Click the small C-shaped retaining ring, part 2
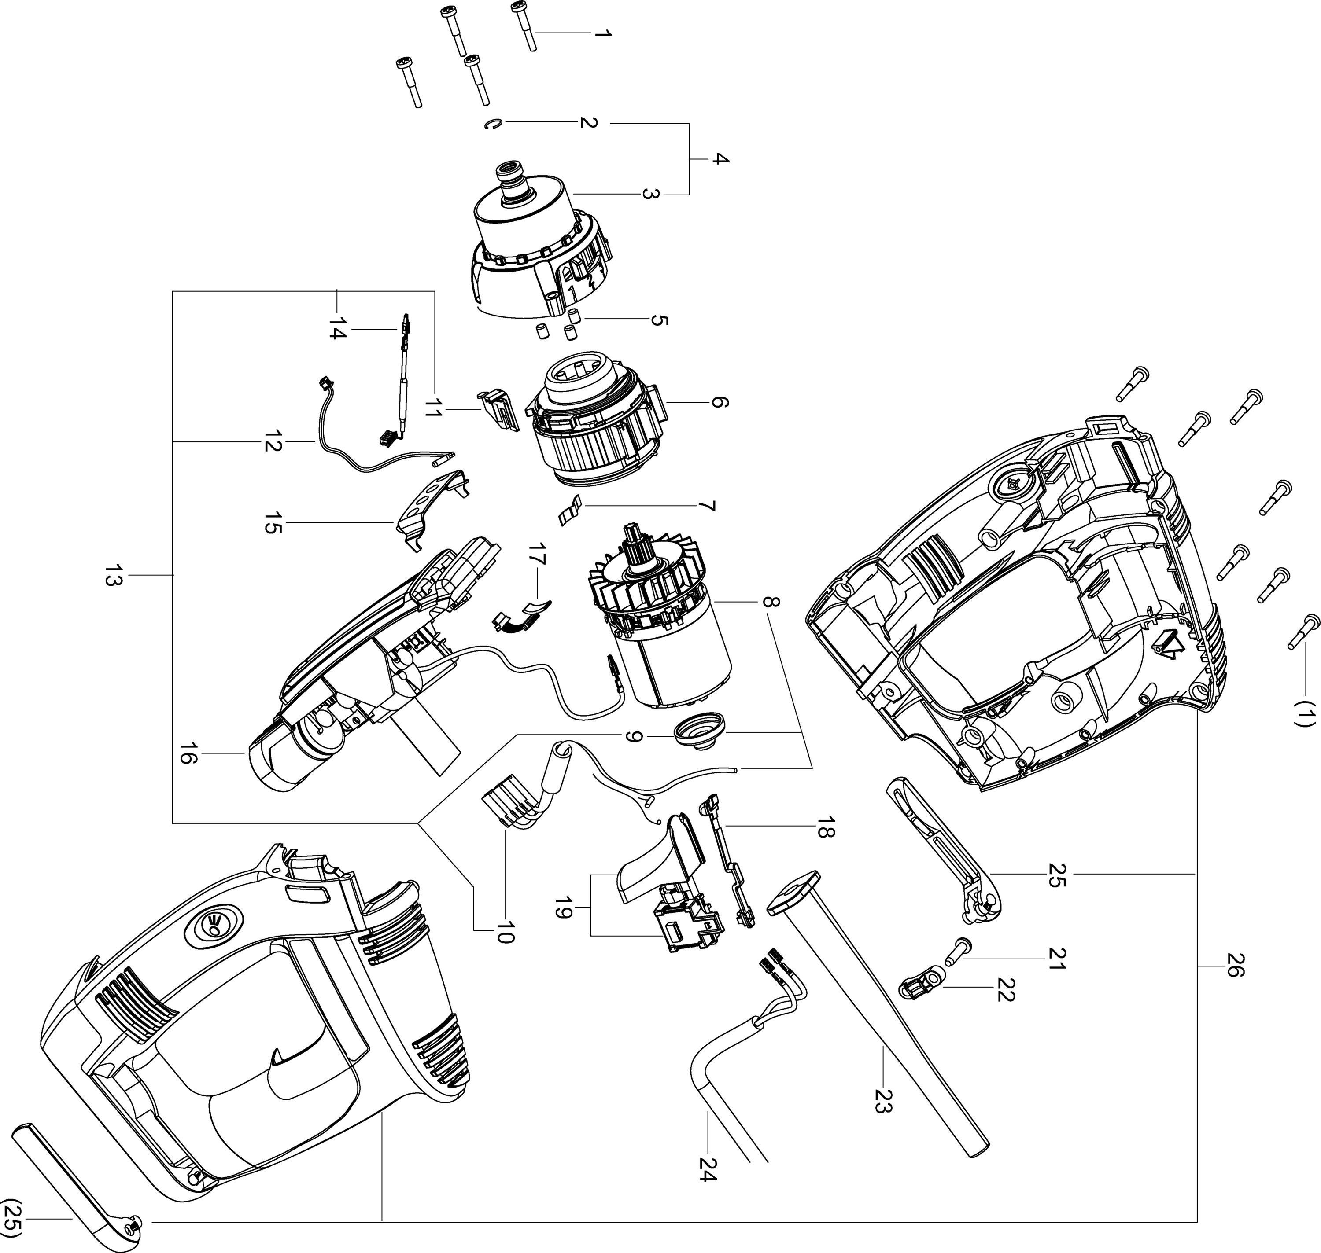[x=492, y=125]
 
